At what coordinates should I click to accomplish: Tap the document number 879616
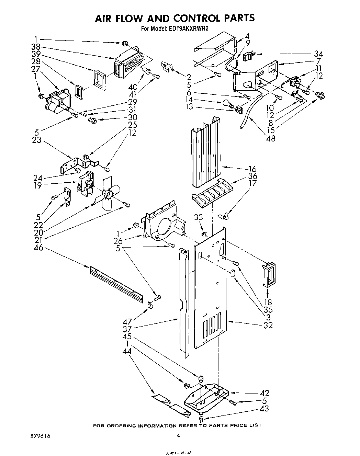pyautogui.click(x=40, y=435)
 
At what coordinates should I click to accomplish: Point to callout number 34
pyautogui.click(x=318, y=54)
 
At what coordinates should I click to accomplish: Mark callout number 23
pyautogui.click(x=37, y=140)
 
